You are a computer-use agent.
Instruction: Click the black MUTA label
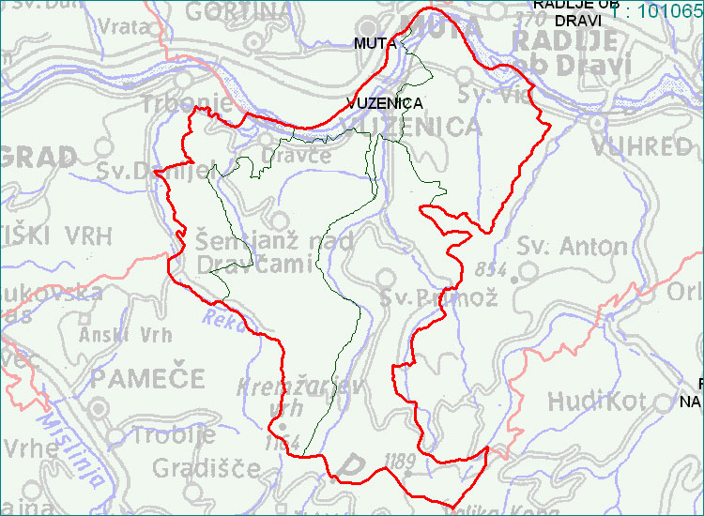pyautogui.click(x=375, y=43)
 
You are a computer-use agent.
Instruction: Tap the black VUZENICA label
pyautogui.click(x=384, y=103)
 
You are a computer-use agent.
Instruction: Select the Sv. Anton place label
pyautogui.click(x=573, y=247)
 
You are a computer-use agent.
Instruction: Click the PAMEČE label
pyautogui.click(x=148, y=379)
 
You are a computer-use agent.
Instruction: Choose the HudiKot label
pyautogui.click(x=597, y=402)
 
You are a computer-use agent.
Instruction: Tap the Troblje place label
pyautogui.click(x=175, y=435)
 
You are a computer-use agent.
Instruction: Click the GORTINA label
pyautogui.click(x=238, y=11)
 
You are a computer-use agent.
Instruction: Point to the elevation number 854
pyautogui.click(x=490, y=269)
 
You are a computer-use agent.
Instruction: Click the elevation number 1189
pyautogui.click(x=400, y=461)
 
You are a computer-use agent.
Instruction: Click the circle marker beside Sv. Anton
pyautogui.click(x=528, y=273)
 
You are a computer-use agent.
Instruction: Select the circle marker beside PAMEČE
pyautogui.click(x=100, y=410)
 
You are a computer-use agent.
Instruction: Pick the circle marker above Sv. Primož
pyautogui.click(x=386, y=278)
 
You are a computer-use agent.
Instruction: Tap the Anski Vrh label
pyautogui.click(x=126, y=333)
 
